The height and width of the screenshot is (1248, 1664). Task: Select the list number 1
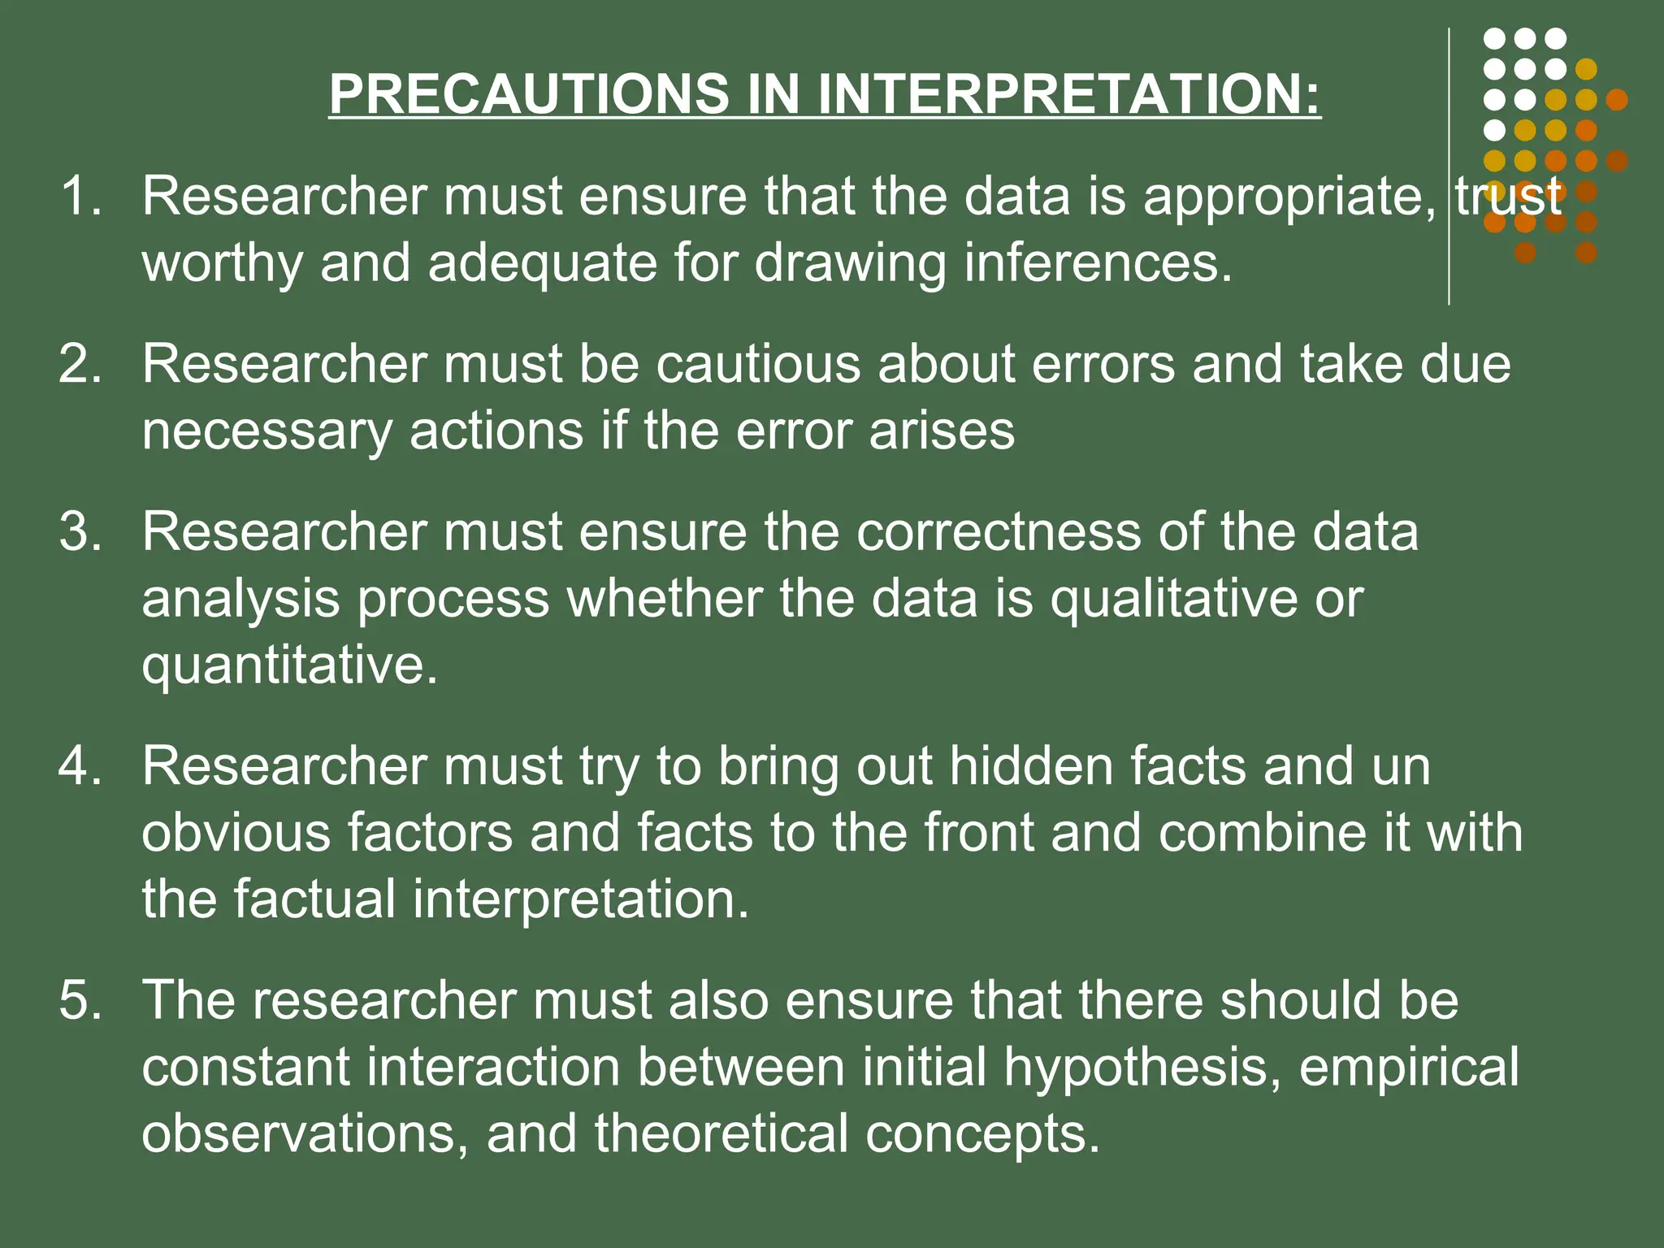[80, 197]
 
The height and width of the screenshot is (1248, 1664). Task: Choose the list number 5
[80, 999]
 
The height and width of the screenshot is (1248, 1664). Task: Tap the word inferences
[1098, 263]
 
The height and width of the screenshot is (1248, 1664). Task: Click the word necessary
[266, 431]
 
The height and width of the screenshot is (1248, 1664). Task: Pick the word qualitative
[1172, 600]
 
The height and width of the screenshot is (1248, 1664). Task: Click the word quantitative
[289, 666]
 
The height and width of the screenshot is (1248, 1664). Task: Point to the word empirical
[1409, 1068]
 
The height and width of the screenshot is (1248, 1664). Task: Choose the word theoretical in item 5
[721, 1134]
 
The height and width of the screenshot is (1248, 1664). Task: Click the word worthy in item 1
[222, 265]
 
